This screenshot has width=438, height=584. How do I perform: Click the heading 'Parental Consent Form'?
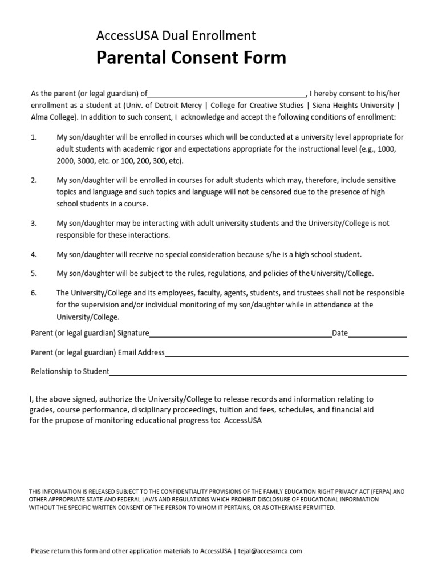(191, 58)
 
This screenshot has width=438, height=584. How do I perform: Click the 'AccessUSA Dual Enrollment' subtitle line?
(176, 36)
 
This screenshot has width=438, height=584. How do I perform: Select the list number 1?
(34, 137)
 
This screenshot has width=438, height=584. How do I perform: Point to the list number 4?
(34, 255)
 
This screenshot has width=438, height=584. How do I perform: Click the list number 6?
(34, 293)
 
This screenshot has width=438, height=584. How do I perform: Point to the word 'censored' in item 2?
(240, 192)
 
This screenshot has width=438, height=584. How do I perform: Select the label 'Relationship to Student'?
(70, 372)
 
